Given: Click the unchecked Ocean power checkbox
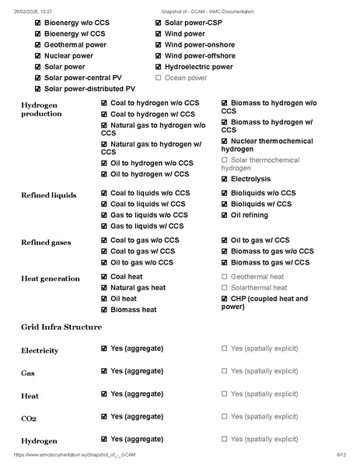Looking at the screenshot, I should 159,78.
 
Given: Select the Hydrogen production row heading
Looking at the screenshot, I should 41,108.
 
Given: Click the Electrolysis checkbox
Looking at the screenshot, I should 225,179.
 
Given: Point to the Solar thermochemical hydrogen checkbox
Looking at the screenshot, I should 225,159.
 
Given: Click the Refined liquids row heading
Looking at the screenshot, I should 48,194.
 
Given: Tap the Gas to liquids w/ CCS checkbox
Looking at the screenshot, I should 105,226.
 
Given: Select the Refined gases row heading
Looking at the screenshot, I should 45,243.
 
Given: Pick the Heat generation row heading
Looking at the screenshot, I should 50,279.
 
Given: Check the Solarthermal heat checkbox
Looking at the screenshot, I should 225,288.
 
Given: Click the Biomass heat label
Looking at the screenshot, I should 133,310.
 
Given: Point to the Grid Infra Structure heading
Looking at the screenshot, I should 61,328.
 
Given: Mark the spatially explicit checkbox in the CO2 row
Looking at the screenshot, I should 225,419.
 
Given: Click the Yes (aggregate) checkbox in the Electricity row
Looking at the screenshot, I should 105,350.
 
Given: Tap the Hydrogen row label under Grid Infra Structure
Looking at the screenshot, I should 40,441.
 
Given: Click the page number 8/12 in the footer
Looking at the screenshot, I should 341,454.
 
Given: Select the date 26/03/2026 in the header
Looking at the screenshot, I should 23,12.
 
